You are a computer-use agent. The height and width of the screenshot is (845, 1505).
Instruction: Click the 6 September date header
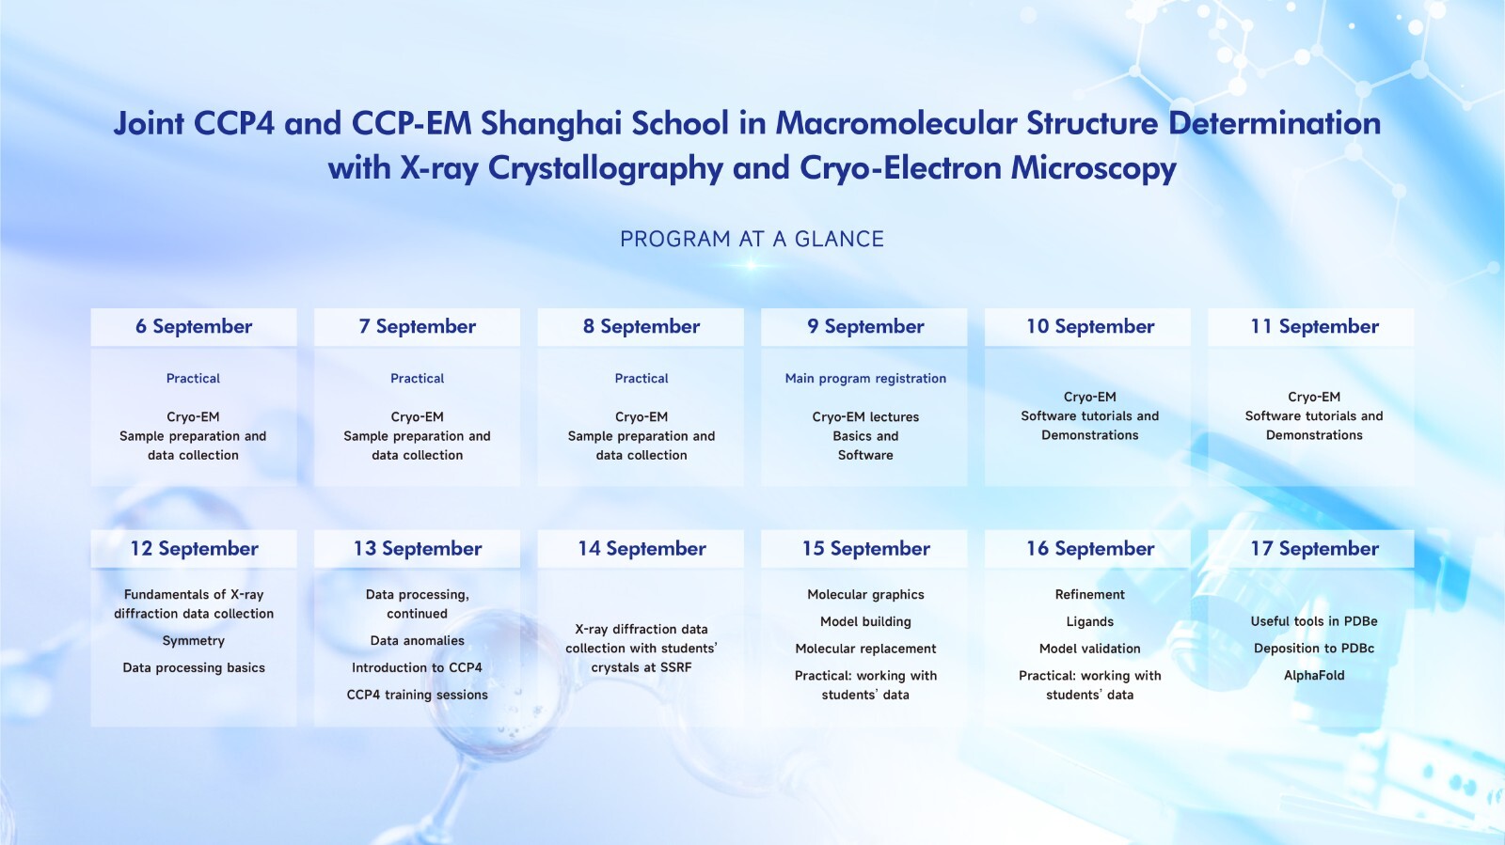[x=194, y=327]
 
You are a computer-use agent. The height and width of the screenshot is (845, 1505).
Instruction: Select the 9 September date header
[x=865, y=327]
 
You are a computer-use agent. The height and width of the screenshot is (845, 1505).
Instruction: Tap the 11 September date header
[x=1314, y=327]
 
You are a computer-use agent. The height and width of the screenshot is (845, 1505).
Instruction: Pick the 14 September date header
[x=642, y=549]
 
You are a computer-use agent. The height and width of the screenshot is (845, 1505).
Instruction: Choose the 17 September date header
[x=1314, y=549]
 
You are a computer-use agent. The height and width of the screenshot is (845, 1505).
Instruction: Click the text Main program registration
[x=865, y=379]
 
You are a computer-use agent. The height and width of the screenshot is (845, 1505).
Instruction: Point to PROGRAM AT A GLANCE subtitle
[x=752, y=239]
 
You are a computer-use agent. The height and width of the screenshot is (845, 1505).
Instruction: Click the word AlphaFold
[x=1314, y=675]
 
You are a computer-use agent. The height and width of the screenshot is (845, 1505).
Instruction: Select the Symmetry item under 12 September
[x=194, y=641]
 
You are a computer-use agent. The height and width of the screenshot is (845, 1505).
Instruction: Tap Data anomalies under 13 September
[x=418, y=641]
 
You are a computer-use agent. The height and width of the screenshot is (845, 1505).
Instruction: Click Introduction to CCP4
[x=418, y=667]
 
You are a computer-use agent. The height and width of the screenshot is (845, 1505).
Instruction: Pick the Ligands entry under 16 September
[x=1090, y=622]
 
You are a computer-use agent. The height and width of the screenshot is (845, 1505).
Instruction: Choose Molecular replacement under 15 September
[x=865, y=649]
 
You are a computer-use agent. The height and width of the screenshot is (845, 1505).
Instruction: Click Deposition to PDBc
[x=1314, y=649]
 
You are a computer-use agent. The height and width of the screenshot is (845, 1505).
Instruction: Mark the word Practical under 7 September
[x=418, y=379]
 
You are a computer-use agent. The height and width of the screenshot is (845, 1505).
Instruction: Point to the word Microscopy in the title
[x=1093, y=168]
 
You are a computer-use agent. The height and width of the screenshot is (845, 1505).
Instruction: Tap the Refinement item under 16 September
[x=1090, y=595]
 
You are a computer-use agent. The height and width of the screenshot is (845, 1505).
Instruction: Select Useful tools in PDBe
[x=1314, y=621]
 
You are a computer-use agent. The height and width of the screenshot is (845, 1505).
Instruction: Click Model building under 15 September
[x=865, y=622]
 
